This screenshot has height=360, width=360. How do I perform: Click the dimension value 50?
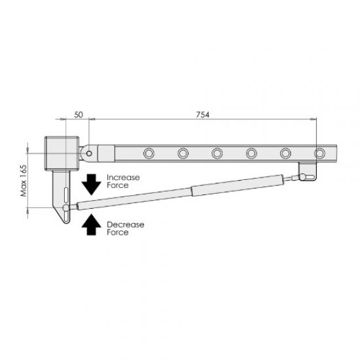point(79,115)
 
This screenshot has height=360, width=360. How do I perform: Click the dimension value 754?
point(202,115)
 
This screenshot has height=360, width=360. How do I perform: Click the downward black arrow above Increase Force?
point(90,181)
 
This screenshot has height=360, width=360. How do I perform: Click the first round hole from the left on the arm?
point(148,153)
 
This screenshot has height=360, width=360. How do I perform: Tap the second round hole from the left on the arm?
point(183,153)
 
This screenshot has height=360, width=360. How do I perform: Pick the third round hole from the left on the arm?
point(217,153)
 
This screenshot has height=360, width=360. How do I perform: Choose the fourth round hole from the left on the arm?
point(251,153)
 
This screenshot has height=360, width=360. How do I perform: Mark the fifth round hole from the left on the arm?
point(285,153)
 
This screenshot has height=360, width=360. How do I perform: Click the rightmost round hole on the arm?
point(319,153)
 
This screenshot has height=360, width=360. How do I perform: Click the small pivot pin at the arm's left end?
point(88,153)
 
